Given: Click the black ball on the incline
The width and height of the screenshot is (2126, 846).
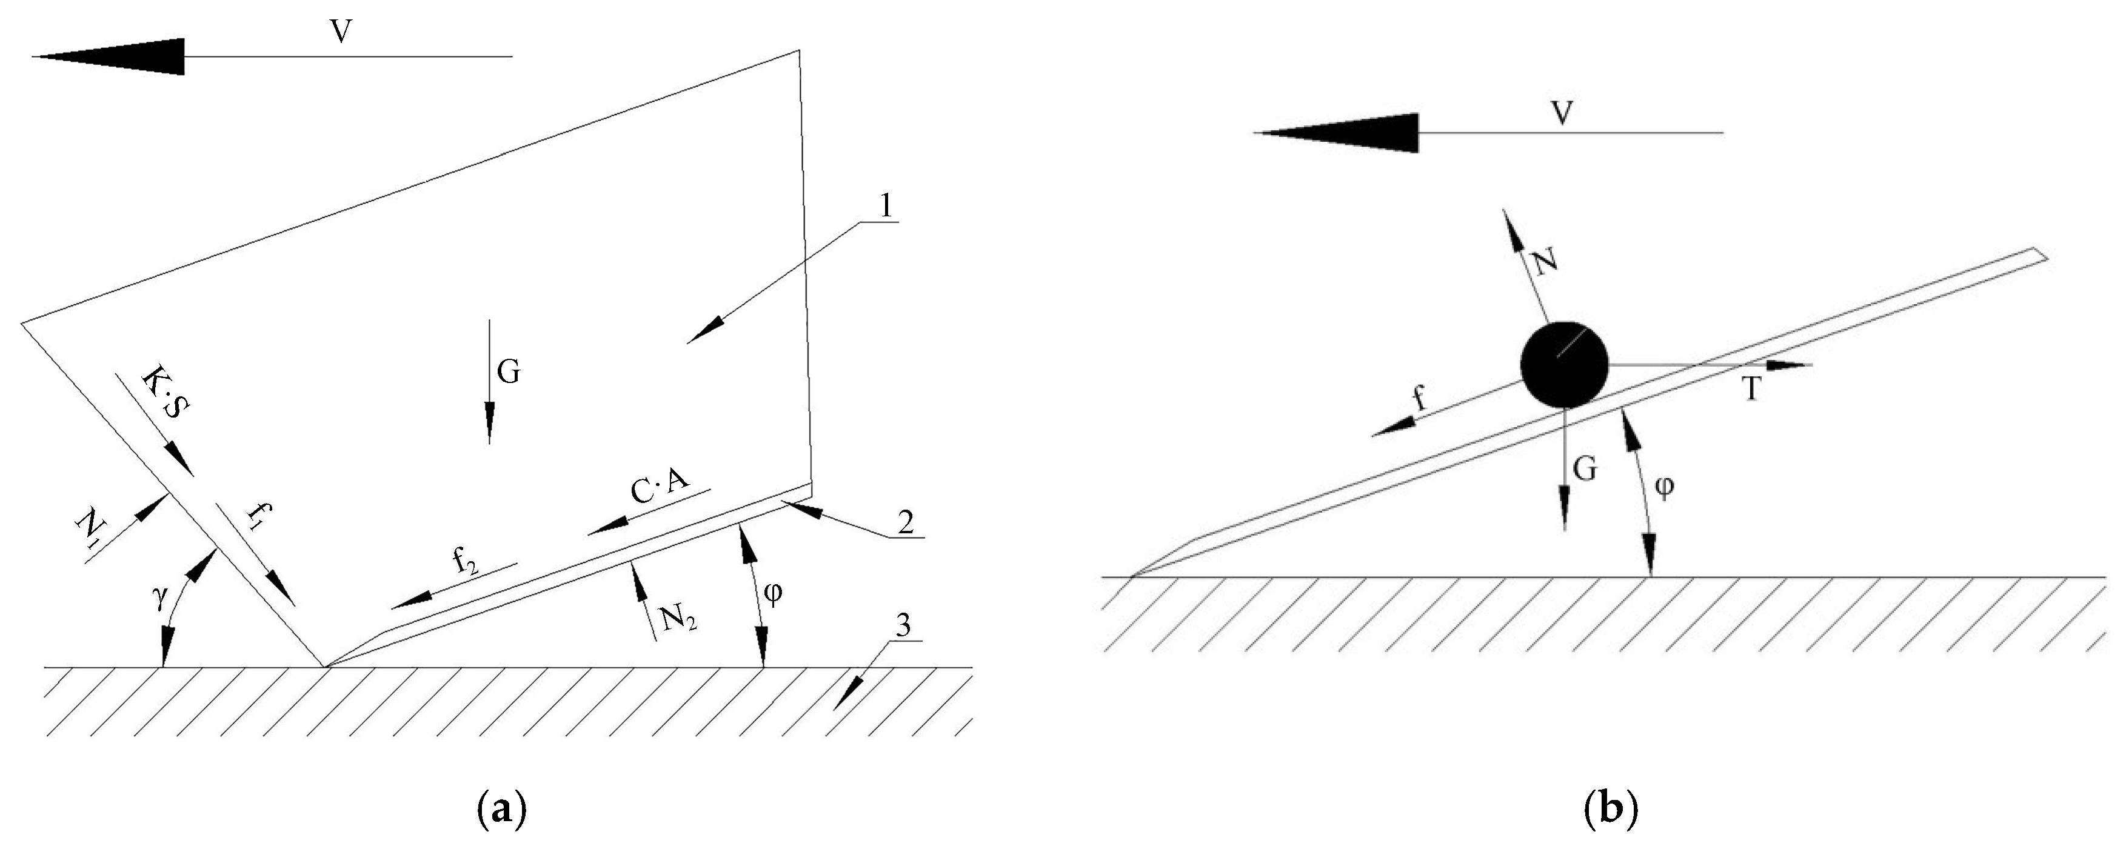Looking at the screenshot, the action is [x=1564, y=364].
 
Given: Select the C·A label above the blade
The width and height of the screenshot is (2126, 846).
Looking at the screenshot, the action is [x=660, y=487].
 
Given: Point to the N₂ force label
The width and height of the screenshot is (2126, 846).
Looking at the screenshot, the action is [x=679, y=616].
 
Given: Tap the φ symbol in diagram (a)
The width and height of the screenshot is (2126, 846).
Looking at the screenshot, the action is [x=774, y=593].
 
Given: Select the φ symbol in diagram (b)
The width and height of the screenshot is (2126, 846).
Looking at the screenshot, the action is [x=1665, y=487].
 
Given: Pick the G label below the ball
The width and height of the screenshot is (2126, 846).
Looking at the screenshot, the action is [x=1585, y=469].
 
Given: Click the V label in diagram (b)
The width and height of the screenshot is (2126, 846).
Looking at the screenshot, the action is [x=1560, y=113].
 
